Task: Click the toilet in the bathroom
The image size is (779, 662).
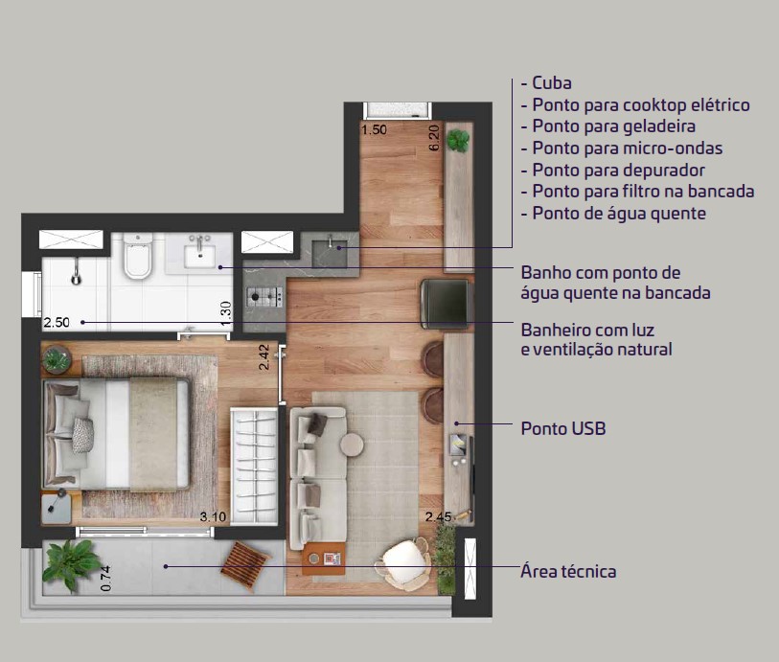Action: [138, 256]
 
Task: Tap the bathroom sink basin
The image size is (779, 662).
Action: [199, 256]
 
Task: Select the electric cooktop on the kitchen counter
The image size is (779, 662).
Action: [264, 297]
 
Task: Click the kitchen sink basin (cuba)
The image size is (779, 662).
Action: [329, 253]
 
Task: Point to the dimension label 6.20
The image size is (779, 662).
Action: [434, 138]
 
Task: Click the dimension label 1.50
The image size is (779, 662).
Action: [374, 129]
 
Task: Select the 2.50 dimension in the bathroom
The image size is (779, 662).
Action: [57, 322]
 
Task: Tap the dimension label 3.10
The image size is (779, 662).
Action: [213, 516]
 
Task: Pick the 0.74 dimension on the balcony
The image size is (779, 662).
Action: [105, 579]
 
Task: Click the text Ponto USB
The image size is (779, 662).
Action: [563, 428]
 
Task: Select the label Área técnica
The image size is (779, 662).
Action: [568, 571]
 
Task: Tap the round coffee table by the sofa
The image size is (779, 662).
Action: [352, 445]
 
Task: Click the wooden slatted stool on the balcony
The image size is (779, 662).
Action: [244, 565]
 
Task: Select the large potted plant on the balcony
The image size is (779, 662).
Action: [71, 565]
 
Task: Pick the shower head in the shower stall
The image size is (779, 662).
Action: [76, 275]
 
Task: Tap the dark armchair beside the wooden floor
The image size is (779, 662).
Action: [446, 304]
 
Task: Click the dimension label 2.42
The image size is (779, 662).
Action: [263, 357]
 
